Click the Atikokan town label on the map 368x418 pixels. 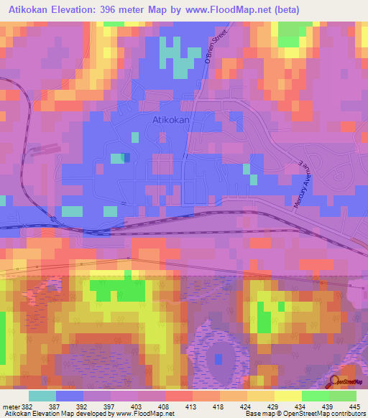pyautogui.click(x=171, y=121)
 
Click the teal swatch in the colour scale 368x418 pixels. pyautogui.click(x=42, y=396)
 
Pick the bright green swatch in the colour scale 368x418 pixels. pyautogui.click(x=315, y=396)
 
